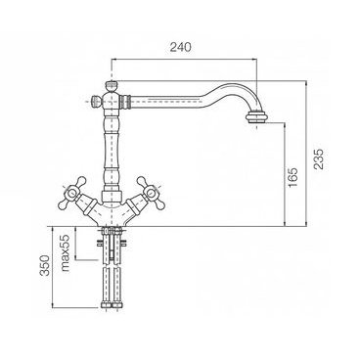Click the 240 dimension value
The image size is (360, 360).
[x=180, y=47]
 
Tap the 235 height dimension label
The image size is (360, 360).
[x=319, y=158]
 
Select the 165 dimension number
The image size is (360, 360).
[x=292, y=177]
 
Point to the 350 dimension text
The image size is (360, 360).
[x=45, y=265]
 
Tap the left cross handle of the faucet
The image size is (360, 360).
[x=71, y=193]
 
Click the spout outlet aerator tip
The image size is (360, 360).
[x=257, y=116]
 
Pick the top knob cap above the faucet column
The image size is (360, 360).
[x=112, y=86]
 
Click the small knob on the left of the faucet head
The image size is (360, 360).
[x=96, y=101]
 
